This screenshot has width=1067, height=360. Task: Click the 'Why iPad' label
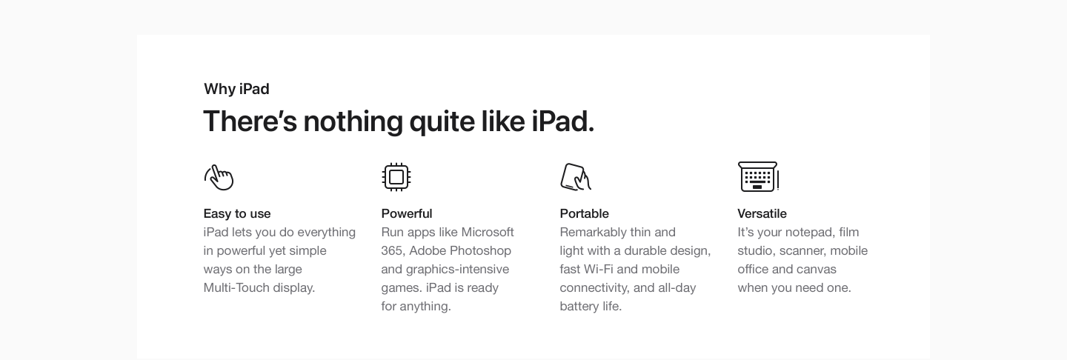(x=236, y=89)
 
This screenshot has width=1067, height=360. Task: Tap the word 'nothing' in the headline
(x=353, y=121)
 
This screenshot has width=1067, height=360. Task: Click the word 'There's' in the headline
(x=250, y=121)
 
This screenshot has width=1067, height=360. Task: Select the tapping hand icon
(x=219, y=177)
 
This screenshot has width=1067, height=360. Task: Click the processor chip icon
(x=396, y=177)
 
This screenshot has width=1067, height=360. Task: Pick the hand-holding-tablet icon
(x=576, y=177)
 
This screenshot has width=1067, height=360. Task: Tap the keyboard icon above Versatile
(x=758, y=176)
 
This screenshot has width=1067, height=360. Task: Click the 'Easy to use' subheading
(x=237, y=213)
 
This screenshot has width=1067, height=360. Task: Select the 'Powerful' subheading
(x=406, y=213)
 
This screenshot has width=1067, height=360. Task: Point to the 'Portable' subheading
(x=584, y=213)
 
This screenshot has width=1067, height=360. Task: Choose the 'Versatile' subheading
(x=762, y=213)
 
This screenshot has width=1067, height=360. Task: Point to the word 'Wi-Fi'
(x=598, y=269)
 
